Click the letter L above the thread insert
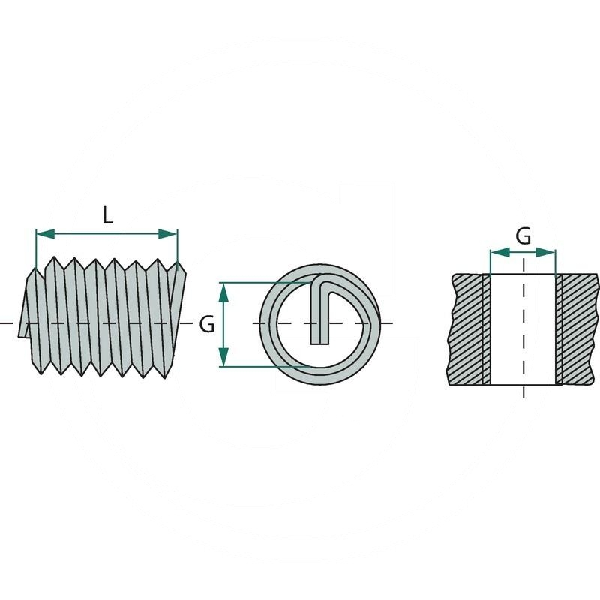click(107, 217)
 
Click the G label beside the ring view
click(208, 324)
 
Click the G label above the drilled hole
click(523, 236)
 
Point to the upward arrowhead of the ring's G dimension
click(223, 287)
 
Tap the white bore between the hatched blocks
click(523, 330)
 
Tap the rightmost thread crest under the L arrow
click(178, 267)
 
